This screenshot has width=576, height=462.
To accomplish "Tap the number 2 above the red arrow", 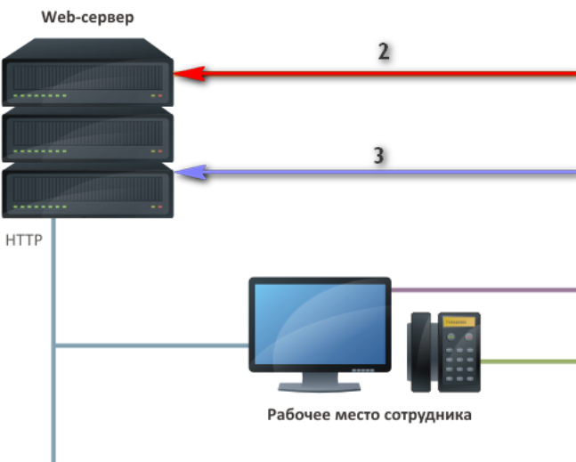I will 384,52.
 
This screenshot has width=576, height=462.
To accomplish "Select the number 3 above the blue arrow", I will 378,155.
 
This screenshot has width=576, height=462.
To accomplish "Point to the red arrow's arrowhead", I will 185,75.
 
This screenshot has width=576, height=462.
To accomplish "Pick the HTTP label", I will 24,240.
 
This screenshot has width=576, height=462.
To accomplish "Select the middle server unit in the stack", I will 86,135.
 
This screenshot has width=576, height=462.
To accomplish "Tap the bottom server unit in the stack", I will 86,191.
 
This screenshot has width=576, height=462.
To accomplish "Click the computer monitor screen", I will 319,323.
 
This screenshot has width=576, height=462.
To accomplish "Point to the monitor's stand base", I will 318,386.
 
